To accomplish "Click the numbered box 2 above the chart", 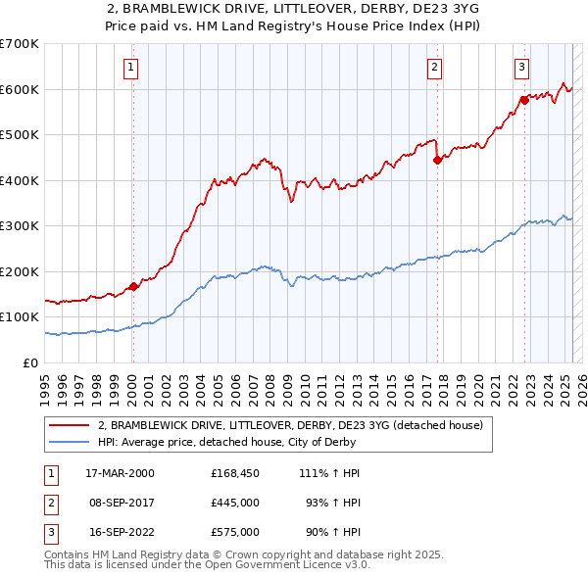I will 434,68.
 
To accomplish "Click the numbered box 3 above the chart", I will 522,68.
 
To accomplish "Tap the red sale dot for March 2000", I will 133,286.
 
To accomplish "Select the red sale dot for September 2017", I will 437,161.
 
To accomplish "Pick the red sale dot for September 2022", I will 524,101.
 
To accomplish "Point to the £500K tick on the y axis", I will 20,135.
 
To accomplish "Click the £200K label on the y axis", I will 20,271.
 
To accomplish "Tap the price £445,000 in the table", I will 234,503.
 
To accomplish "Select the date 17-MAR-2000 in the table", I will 120,473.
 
